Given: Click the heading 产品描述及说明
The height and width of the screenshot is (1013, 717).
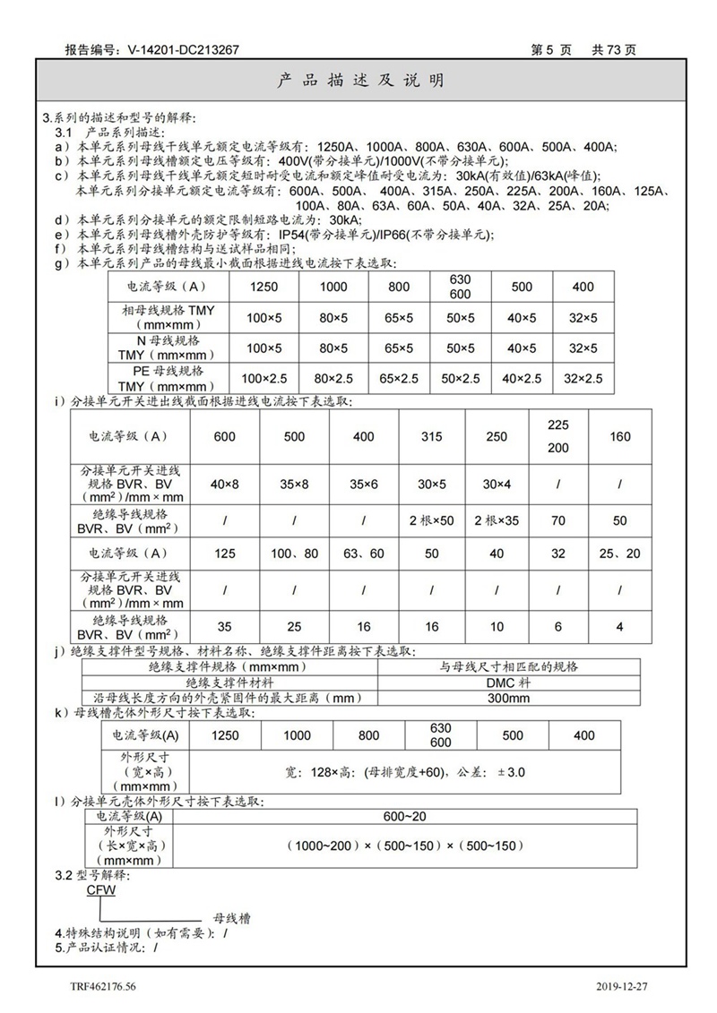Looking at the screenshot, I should click(x=358, y=82).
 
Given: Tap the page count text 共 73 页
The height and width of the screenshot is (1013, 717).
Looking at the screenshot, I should click(x=614, y=51).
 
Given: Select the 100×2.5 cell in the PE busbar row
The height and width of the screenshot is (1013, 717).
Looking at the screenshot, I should click(x=264, y=378).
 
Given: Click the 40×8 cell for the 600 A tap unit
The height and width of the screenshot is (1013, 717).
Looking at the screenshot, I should click(x=225, y=485).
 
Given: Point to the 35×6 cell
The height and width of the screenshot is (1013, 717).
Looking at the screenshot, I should click(x=363, y=485).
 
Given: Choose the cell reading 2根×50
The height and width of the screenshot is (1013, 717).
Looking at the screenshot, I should click(x=432, y=520).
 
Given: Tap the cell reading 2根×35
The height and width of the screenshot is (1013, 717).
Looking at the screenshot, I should click(x=501, y=520).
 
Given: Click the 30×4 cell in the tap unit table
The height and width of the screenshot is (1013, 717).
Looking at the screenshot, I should click(x=501, y=485).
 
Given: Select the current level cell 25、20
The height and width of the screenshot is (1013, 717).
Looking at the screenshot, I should click(x=620, y=554).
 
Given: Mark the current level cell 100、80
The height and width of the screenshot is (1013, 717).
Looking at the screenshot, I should click(x=294, y=554).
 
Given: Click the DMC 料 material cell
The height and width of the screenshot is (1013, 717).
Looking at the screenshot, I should click(x=508, y=682).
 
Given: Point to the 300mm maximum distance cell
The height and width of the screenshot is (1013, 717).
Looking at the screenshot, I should click(x=508, y=698).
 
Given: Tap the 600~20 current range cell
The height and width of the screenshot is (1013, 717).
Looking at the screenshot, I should click(x=404, y=816).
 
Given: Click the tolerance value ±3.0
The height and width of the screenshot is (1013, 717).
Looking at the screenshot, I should click(x=509, y=771).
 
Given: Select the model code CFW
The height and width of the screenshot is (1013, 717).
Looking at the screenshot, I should click(x=100, y=891).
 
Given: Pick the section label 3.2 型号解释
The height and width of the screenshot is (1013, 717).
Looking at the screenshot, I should click(x=93, y=875).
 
